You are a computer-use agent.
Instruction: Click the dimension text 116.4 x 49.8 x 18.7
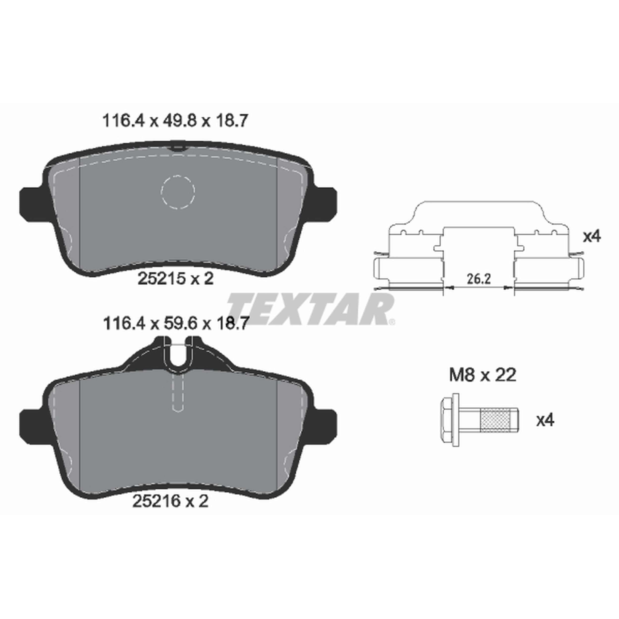(175, 121)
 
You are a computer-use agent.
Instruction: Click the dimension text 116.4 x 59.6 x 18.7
(175, 324)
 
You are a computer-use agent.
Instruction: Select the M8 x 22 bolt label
(483, 375)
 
